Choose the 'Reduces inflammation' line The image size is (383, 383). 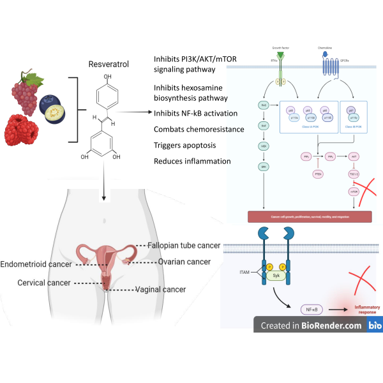pyautogui.click(x=192, y=161)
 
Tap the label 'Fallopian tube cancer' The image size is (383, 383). pyautogui.click(x=184, y=246)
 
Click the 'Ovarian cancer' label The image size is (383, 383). pyautogui.click(x=184, y=262)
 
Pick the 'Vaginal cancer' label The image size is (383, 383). pyautogui.click(x=160, y=289)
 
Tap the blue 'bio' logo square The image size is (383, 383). pyautogui.click(x=375, y=326)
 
